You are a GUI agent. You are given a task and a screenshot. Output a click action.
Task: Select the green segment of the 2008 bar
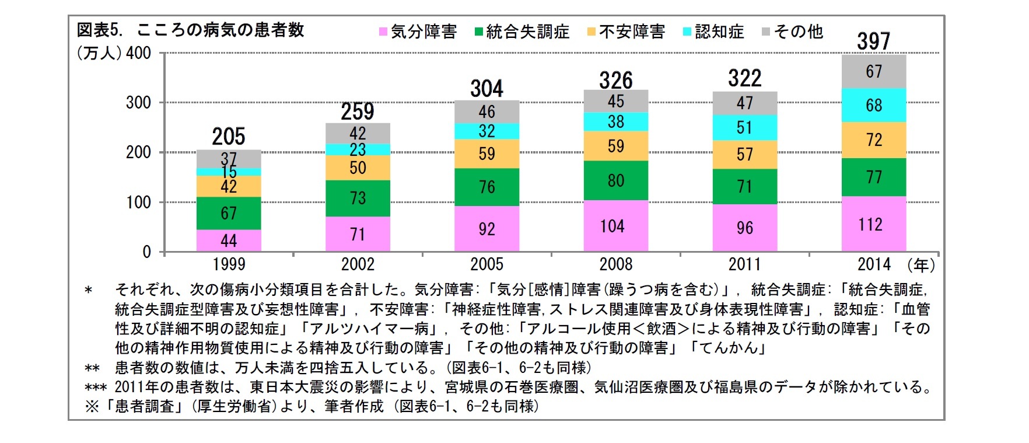pyautogui.click(x=615, y=180)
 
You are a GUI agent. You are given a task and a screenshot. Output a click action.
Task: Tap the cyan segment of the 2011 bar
pyautogui.click(x=744, y=127)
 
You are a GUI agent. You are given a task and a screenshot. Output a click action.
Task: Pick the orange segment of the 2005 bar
pyautogui.click(x=487, y=154)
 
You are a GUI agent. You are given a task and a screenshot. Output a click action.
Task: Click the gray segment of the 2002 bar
pyautogui.click(x=358, y=133)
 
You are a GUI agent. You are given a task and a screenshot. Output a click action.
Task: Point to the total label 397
pyautogui.click(x=873, y=41)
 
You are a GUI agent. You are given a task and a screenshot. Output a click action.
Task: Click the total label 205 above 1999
pyautogui.click(x=228, y=137)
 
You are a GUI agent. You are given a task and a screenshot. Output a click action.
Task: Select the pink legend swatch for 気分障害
pyautogui.click(x=383, y=32)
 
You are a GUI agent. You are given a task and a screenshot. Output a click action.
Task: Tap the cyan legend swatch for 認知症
pyautogui.click(x=687, y=32)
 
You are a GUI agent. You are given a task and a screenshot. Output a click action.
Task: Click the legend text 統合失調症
pyautogui.click(x=527, y=32)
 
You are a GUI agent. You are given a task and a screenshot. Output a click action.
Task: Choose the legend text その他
pyautogui.click(x=798, y=32)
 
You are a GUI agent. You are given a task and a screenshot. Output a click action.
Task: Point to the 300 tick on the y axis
pyautogui.click(x=138, y=103)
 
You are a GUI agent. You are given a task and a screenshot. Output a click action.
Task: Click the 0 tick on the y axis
pyautogui.click(x=147, y=252)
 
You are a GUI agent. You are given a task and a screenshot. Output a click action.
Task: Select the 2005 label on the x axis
pyautogui.click(x=487, y=264)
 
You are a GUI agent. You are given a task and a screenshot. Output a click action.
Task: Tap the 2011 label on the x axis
pyautogui.click(x=744, y=264)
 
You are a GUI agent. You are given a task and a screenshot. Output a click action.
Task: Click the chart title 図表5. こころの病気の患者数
pyautogui.click(x=191, y=30)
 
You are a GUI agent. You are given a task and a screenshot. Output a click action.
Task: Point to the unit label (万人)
pyautogui.click(x=99, y=53)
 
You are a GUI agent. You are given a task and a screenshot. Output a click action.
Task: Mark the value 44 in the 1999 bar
pyautogui.click(x=228, y=240)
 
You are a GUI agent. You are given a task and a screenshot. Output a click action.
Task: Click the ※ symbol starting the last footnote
pyautogui.click(x=92, y=406)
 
